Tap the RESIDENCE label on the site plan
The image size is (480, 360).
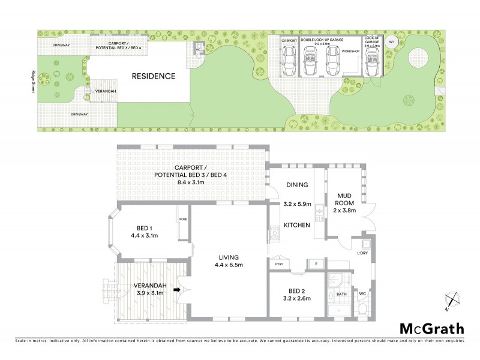(154, 76)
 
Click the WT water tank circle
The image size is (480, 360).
(391, 42)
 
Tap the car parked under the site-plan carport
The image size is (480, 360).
(289, 60)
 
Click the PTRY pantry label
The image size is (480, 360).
(278, 263)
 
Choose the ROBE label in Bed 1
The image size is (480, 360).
(183, 220)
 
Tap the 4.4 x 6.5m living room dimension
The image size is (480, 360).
(228, 265)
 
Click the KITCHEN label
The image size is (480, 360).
(297, 225)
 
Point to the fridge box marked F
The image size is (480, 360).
(316, 263)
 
